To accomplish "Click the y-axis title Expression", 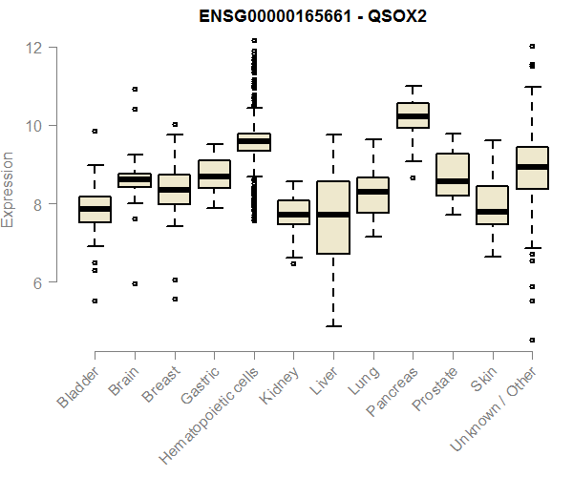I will pyautogui.click(x=9, y=189).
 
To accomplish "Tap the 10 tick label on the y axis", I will pyautogui.click(x=34, y=126).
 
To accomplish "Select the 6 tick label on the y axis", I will pyautogui.click(x=34, y=283).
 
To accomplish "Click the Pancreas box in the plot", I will pyautogui.click(x=413, y=115).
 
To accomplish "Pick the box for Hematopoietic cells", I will pyautogui.click(x=253, y=142).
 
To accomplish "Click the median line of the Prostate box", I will pyautogui.click(x=452, y=180).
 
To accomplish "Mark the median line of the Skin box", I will pyautogui.click(x=492, y=211).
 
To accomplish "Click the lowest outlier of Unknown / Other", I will pyautogui.click(x=532, y=340).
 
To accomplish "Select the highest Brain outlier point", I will pyautogui.click(x=135, y=89).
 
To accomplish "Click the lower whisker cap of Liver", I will pyautogui.click(x=332, y=326).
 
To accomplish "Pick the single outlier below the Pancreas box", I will pyautogui.click(x=413, y=177).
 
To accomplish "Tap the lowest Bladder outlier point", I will pyautogui.click(x=95, y=301).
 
